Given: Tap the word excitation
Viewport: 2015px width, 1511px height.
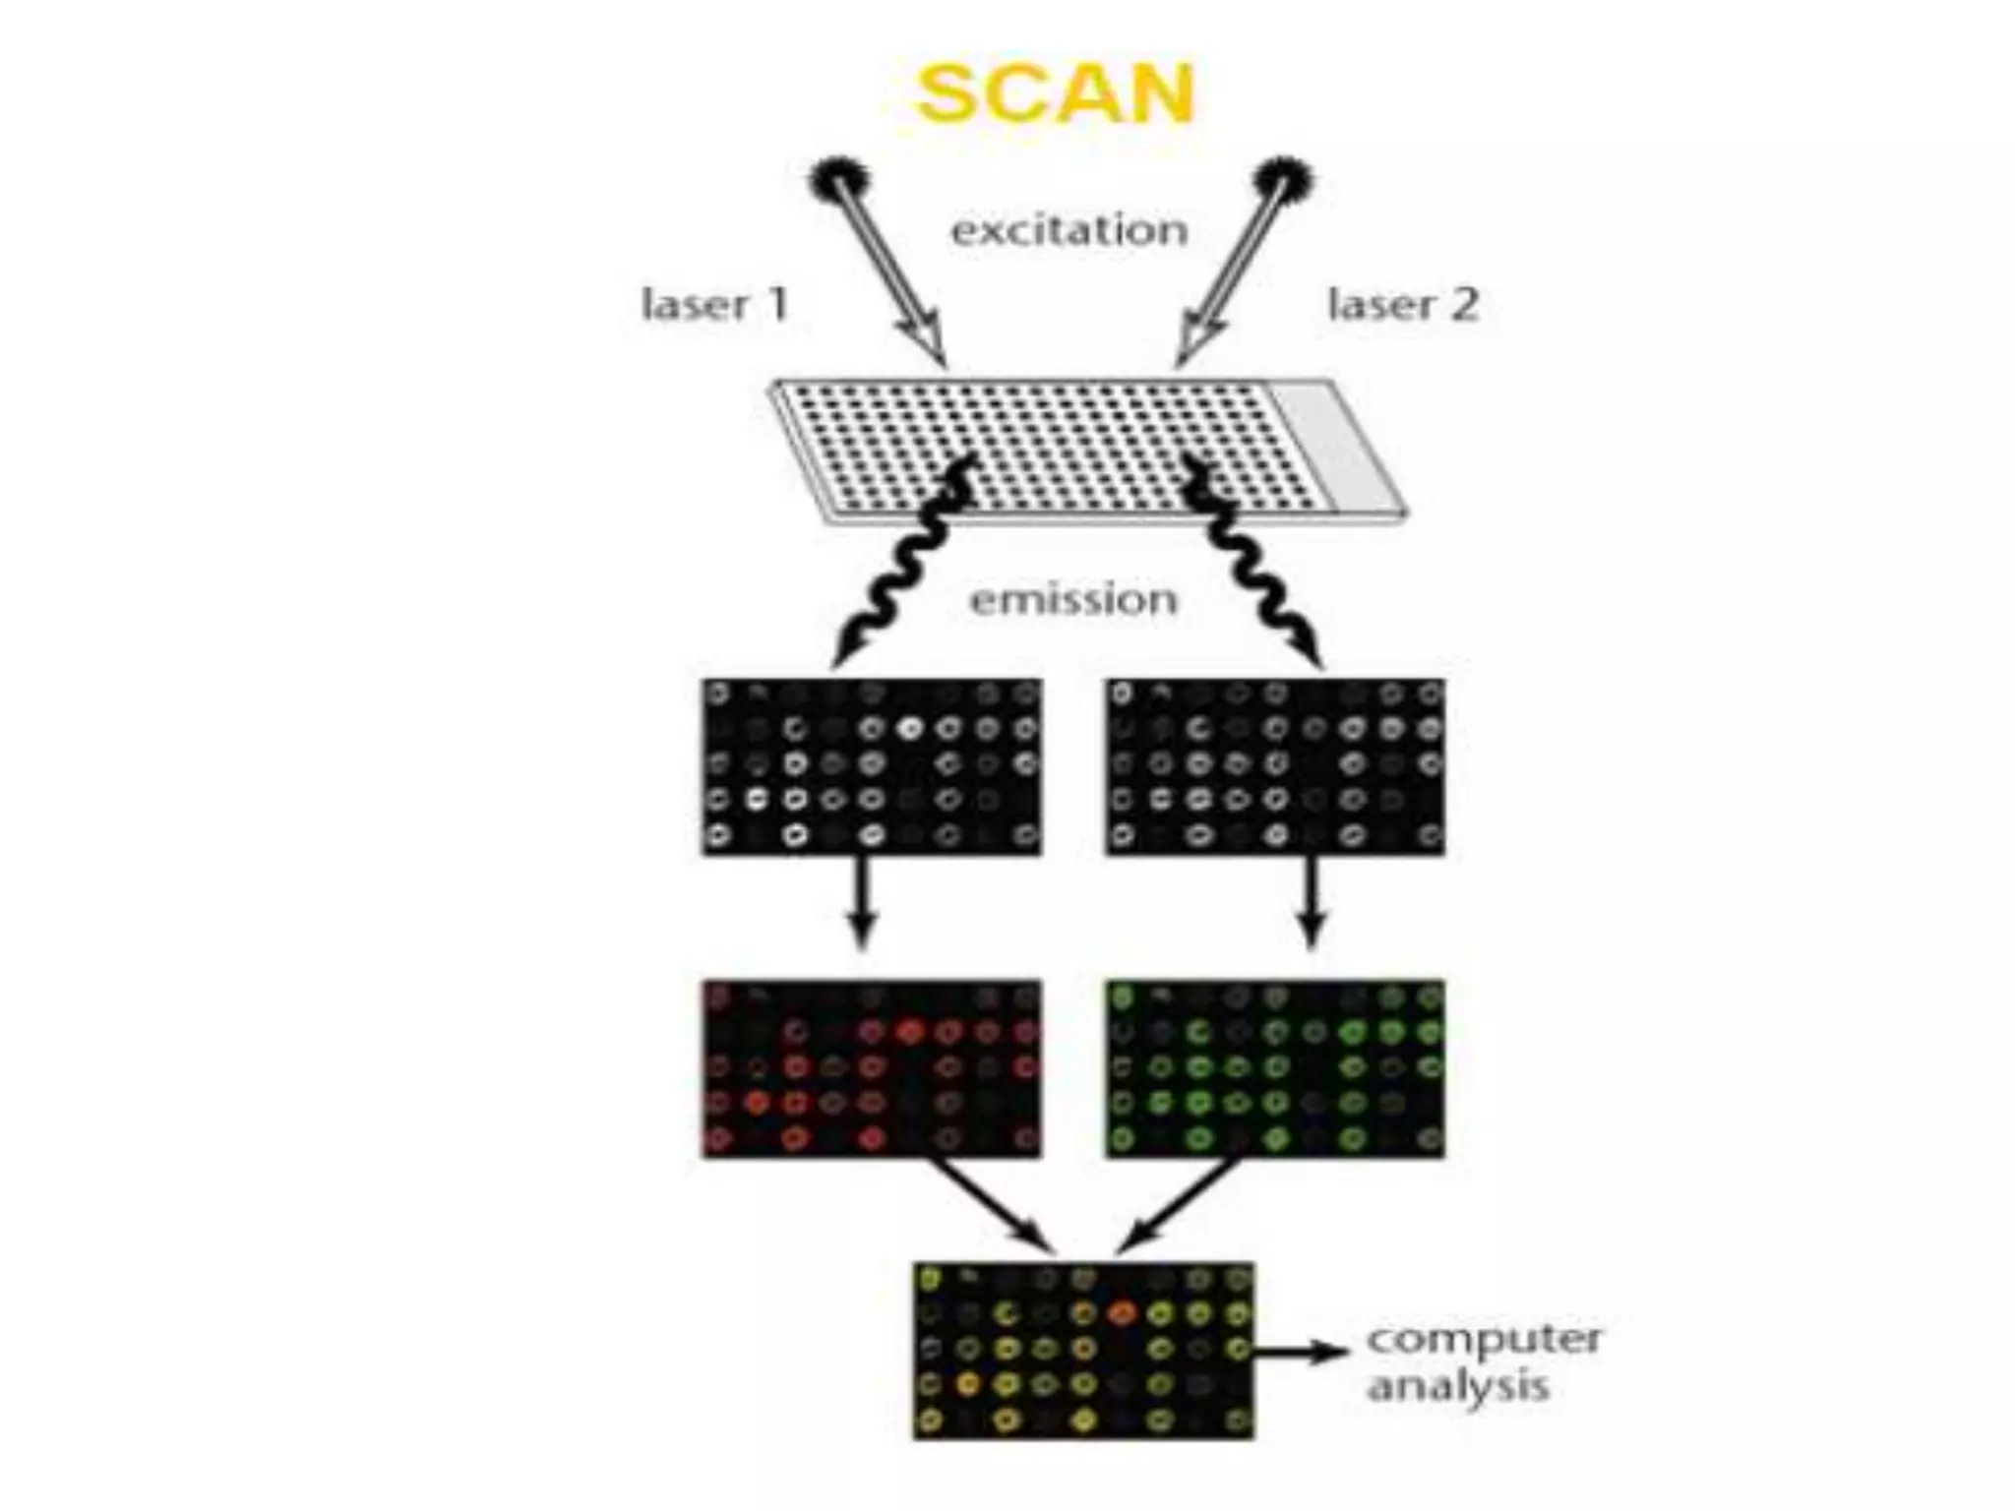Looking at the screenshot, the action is click(x=1069, y=230).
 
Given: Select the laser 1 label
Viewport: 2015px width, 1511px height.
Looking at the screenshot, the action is click(x=715, y=304).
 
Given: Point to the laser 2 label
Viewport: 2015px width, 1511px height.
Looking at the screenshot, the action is click(x=1403, y=304).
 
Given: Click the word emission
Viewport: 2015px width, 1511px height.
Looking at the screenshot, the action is click(x=1073, y=599).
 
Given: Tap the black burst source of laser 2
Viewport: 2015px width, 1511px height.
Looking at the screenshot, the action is click(x=1284, y=183).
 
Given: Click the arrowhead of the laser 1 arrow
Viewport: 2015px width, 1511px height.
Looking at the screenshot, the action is click(x=926, y=345).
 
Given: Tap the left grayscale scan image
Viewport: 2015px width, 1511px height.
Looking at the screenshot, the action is click(x=872, y=767).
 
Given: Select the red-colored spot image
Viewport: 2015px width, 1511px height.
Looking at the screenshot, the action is click(x=872, y=1068).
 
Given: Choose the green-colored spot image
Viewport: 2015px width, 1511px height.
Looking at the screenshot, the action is click(x=1275, y=1068).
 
